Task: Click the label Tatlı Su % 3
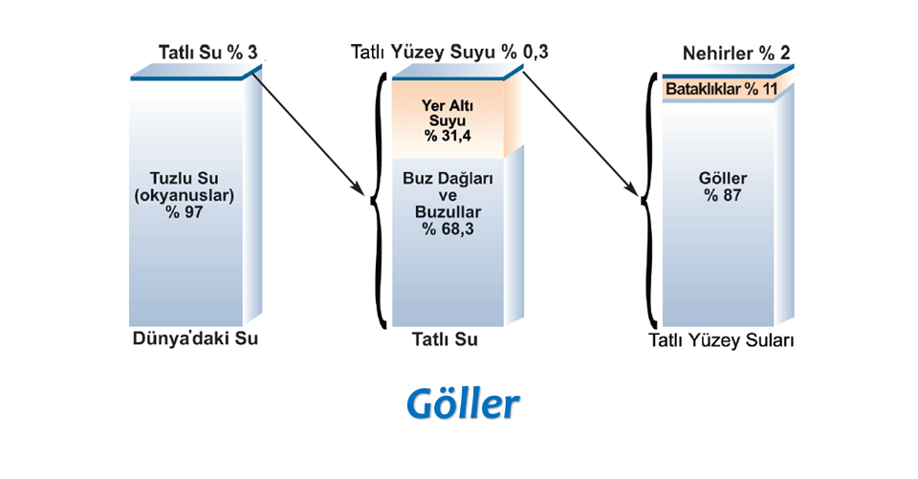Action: pyautogui.click(x=208, y=53)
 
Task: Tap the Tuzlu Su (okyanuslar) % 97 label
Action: pyautogui.click(x=184, y=195)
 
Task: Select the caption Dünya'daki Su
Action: pyautogui.click(x=195, y=338)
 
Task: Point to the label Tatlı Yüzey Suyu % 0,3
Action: pyautogui.click(x=449, y=52)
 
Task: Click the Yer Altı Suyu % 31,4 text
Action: pyautogui.click(x=448, y=120)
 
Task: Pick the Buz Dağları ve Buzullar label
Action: pyautogui.click(x=448, y=195)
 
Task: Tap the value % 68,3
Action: pyautogui.click(x=448, y=229)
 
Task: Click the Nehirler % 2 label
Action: pyautogui.click(x=736, y=54)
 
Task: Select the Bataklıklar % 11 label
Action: pyautogui.click(x=721, y=89)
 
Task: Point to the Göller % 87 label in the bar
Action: pyautogui.click(x=723, y=186)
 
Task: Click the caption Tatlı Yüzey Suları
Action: pyautogui.click(x=721, y=340)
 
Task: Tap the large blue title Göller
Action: pyautogui.click(x=463, y=403)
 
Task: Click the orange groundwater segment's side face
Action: pyautogui.click(x=514, y=114)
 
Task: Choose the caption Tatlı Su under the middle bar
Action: pyautogui.click(x=445, y=339)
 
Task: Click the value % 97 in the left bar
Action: pyautogui.click(x=184, y=212)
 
